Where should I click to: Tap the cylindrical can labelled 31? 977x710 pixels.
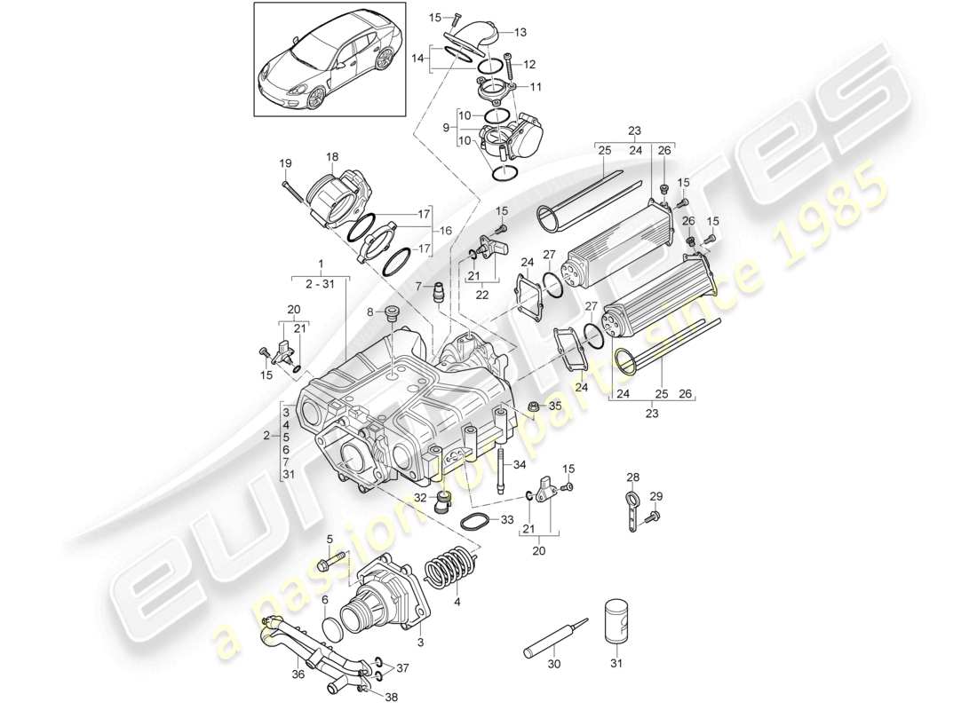[x=618, y=620]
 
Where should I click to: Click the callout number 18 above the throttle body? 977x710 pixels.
[x=332, y=157]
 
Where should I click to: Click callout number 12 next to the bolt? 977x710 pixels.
[x=529, y=64]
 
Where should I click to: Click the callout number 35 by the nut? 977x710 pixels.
[x=556, y=406]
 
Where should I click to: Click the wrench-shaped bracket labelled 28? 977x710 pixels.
[x=631, y=513]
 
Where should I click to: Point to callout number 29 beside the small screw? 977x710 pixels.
[x=656, y=495]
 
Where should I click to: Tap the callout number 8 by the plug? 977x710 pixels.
[x=371, y=312]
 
